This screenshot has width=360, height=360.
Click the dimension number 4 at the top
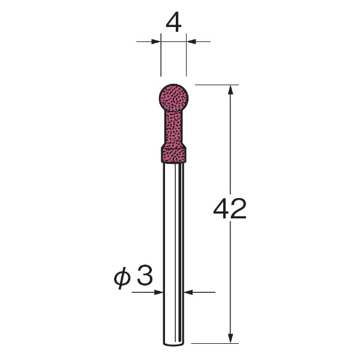173,24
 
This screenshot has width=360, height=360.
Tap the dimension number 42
230,208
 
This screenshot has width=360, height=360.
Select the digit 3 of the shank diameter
145,276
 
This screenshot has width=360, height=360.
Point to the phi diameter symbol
122,278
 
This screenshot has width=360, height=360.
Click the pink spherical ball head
173,98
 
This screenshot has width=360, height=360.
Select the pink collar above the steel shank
173,155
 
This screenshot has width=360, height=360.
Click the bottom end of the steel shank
173,344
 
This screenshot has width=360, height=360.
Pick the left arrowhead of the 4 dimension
156,42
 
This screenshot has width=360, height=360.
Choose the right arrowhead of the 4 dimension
191,42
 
